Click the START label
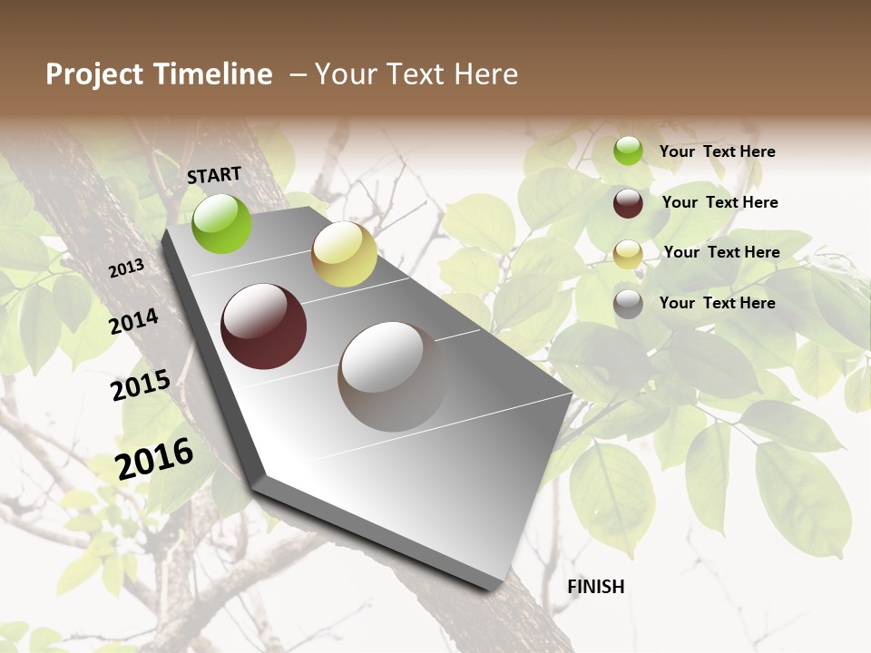[x=214, y=175]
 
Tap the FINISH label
[x=596, y=587]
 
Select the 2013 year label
[x=126, y=268]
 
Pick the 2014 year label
[x=134, y=322]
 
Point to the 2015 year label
[x=141, y=385]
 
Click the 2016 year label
[x=154, y=458]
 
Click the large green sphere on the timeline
[x=222, y=223]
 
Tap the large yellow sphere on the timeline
[x=344, y=254]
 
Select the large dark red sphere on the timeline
[x=263, y=326]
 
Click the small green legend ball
[x=628, y=151]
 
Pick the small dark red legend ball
[x=628, y=203]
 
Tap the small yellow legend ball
[x=628, y=254]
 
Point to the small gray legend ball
[x=628, y=304]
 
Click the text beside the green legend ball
[x=717, y=152]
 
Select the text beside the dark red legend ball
[x=719, y=202]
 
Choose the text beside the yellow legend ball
[x=721, y=252]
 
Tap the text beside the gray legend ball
[x=717, y=303]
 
